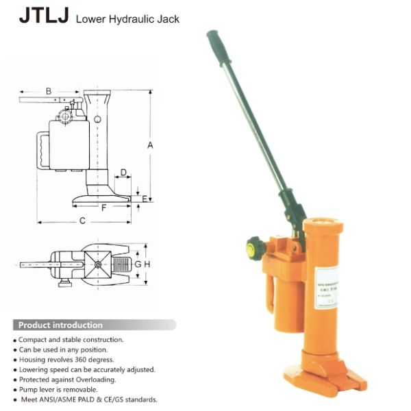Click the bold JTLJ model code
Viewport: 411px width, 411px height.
click(43, 16)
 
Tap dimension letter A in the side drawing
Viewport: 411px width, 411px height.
click(151, 145)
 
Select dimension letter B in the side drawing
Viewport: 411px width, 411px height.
click(49, 90)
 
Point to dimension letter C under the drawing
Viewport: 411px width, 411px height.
click(82, 220)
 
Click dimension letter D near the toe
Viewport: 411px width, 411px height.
click(123, 172)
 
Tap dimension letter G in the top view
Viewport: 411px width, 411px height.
click(137, 264)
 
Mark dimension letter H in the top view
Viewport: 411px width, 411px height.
click(147, 264)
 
